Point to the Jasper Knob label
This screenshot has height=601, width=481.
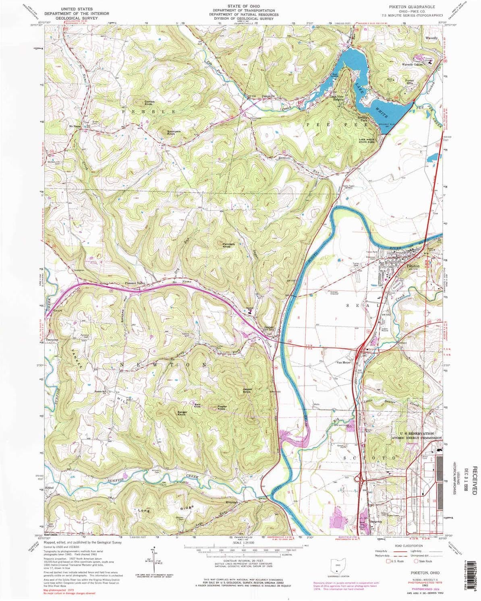point(247,390)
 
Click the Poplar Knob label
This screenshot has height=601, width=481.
point(222,407)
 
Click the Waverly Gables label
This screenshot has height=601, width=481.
point(411,64)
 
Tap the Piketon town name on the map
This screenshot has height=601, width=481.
point(402,266)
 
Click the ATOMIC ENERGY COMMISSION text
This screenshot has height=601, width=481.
point(417,438)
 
